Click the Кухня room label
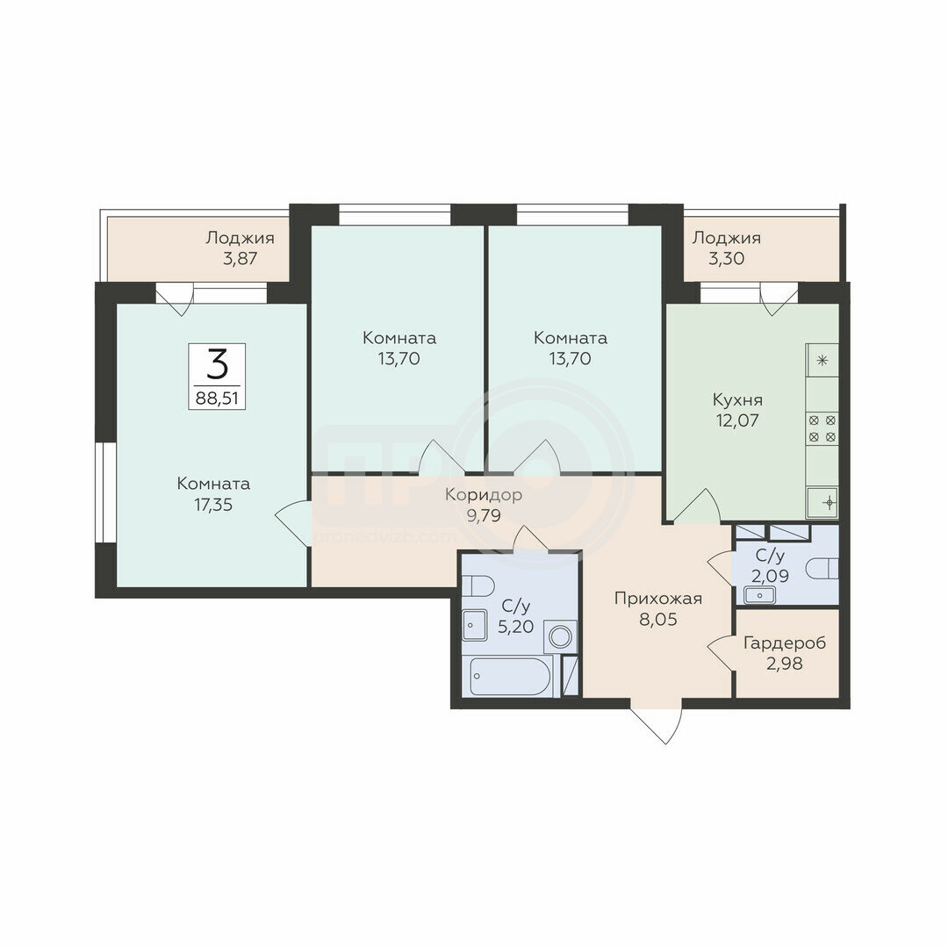coord(737,400)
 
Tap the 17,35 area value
coord(212,505)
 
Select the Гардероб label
coord(784,643)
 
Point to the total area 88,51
coord(217,399)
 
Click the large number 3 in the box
coord(217,364)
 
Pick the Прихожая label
coord(657,600)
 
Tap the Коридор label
coord(483,494)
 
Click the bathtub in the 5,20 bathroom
coord(510,677)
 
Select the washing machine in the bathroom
coord(560,636)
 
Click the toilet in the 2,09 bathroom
coord(822,568)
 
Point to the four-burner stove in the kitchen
coord(822,428)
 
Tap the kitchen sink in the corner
coord(822,502)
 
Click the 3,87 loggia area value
coord(240,259)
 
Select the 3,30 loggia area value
coord(726,259)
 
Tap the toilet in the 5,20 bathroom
coord(478,585)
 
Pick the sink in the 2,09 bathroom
coord(759,595)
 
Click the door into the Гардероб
coord(722,653)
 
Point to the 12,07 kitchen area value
coord(737,420)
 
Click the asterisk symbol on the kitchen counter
coord(822,361)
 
